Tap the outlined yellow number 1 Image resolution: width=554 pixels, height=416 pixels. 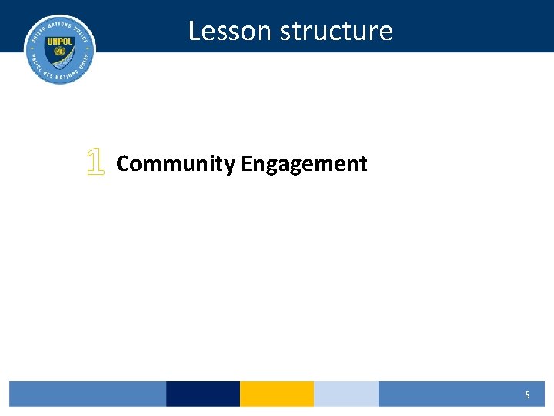pos(95,163)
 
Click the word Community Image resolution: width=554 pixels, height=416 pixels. pos(175,164)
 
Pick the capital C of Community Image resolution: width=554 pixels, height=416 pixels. pos(123,163)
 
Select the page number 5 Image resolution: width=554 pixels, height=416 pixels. pos(527,394)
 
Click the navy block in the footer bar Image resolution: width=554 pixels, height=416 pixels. pos(203,394)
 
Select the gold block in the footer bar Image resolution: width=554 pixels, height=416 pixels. pos(277,394)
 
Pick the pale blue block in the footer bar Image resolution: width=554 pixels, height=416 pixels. pos(346,394)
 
